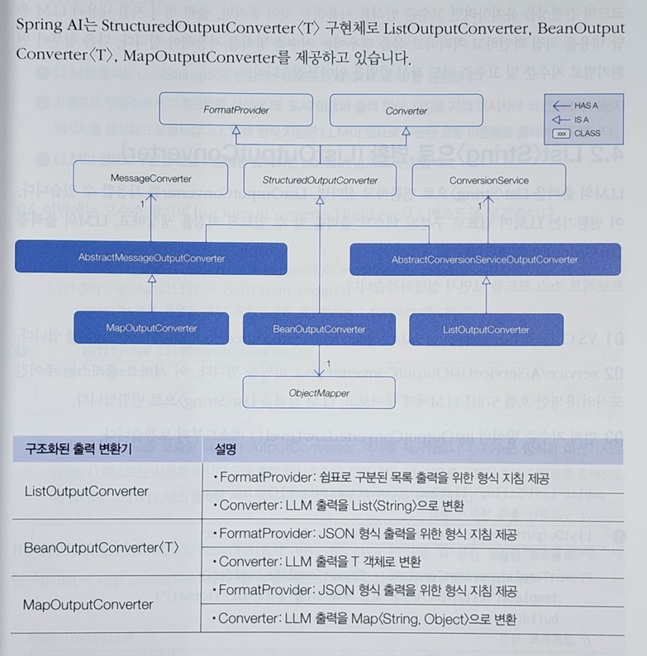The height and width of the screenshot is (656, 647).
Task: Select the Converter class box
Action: (406, 111)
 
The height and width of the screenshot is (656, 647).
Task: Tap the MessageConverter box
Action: (150, 178)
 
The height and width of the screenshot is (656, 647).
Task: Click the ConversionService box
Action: (488, 179)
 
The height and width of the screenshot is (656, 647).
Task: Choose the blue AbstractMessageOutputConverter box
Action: (151, 258)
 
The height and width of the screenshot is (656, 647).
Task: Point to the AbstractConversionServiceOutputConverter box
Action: (484, 259)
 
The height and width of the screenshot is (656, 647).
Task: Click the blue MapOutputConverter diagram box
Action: (151, 328)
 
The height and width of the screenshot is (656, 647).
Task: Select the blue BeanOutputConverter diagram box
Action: (319, 329)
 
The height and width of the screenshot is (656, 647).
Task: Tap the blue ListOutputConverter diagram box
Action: (486, 330)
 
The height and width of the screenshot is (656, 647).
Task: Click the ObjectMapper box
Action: (319, 393)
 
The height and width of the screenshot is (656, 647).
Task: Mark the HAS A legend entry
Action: (577, 106)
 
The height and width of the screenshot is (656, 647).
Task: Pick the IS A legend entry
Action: (577, 119)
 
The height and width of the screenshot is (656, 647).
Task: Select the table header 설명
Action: (226, 450)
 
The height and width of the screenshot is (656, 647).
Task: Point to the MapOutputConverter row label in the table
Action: (88, 604)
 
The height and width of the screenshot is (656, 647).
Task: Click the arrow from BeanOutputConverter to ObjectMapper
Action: (319, 359)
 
